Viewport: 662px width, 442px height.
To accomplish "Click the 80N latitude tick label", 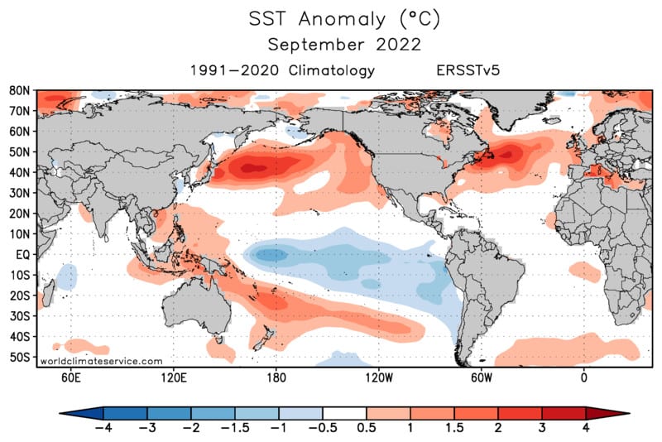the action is (20, 91).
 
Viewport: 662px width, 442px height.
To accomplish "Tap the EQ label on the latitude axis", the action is (23, 255).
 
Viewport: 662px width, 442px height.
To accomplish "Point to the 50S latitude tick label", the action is (20, 357).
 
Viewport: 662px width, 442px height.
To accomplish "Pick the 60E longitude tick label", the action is (70, 377).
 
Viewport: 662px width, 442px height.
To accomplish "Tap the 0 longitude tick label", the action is (584, 377).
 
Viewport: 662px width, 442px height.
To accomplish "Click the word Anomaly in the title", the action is (342, 19).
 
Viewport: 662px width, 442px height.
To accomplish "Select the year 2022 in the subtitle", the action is (398, 45).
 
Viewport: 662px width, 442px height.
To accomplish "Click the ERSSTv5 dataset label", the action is (468, 70).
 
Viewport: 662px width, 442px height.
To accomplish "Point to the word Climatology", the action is (332, 70).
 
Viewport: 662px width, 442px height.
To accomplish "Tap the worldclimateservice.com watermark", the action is (101, 362).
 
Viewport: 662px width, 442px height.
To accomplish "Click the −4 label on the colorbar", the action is (103, 428).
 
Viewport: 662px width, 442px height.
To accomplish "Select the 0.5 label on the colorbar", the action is (366, 428).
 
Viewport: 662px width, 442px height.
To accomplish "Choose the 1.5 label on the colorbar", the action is (453, 428).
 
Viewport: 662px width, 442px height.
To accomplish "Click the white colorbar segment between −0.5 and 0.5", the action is (344, 413).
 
